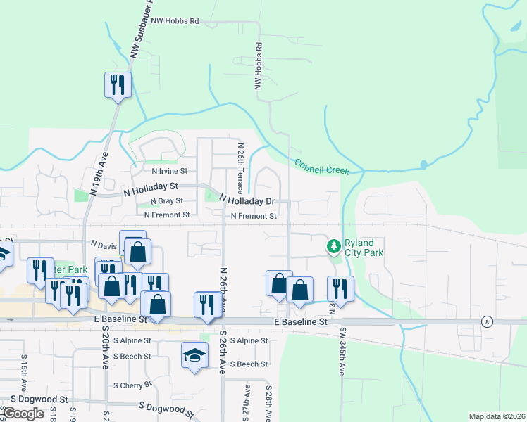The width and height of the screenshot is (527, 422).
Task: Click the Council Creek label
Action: (322, 167)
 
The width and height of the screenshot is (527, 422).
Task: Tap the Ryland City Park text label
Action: (364, 248)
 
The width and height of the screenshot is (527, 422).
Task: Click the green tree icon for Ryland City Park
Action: (333, 246)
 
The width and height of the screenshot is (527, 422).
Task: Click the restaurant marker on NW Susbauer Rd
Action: (118, 86)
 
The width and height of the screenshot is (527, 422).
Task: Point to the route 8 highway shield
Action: (487, 321)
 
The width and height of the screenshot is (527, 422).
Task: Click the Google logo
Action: (24, 414)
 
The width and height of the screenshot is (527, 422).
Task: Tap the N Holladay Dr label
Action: (246, 200)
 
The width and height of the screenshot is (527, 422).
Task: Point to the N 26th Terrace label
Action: (240, 164)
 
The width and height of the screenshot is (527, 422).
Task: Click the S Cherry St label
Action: (132, 385)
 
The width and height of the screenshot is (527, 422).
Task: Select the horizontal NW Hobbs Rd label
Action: (174, 21)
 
